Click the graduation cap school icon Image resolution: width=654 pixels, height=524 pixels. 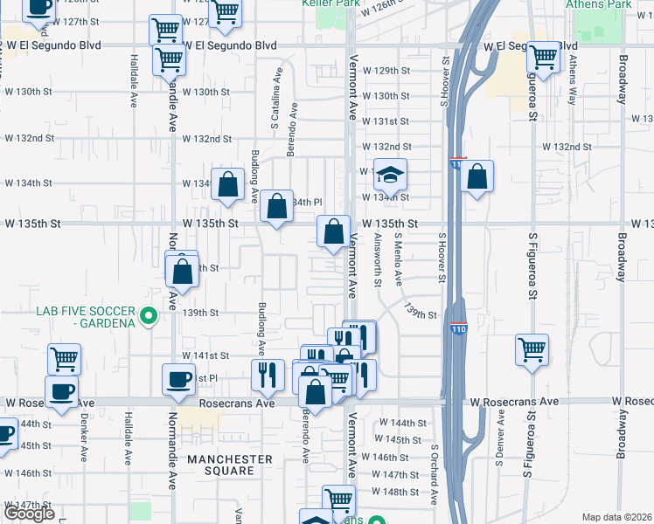pos(391,176)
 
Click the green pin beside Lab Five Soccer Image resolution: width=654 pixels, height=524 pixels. pos(149,315)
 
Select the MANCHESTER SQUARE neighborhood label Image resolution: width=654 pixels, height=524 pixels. pos(228,465)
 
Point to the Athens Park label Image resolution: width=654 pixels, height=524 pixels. pos(598,4)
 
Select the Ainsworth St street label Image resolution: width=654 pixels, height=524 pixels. pos(378,259)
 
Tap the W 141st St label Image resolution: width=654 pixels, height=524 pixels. pos(205,355)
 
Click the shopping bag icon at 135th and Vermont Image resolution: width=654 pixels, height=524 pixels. pos(333,232)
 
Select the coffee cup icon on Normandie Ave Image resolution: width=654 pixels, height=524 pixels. pos(179,380)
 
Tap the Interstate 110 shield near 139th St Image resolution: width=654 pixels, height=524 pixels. pos(458,327)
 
